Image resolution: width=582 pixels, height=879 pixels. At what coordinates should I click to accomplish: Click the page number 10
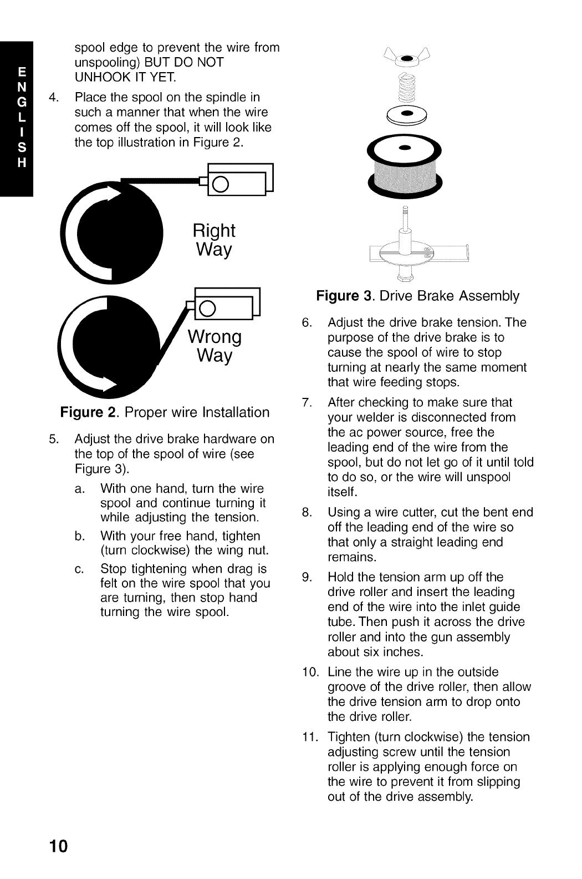[x=58, y=846]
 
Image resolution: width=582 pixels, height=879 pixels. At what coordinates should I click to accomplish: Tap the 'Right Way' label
[x=213, y=240]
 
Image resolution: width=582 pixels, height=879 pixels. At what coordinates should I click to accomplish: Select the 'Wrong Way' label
[x=215, y=346]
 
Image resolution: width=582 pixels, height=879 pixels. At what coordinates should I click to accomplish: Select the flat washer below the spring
[x=407, y=113]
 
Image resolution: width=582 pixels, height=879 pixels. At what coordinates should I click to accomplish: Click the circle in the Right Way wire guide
[x=221, y=184]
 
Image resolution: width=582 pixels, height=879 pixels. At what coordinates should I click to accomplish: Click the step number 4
[x=54, y=98]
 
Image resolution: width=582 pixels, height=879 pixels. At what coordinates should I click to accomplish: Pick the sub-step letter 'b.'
[x=79, y=537]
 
